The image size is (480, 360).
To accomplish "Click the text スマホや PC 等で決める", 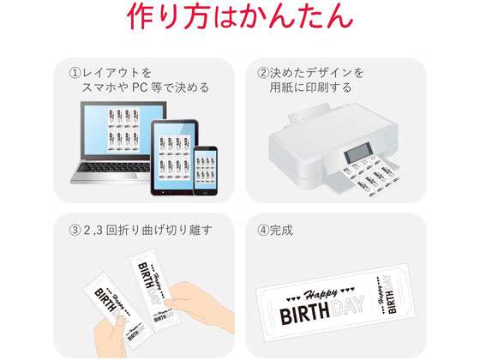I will (146, 87).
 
